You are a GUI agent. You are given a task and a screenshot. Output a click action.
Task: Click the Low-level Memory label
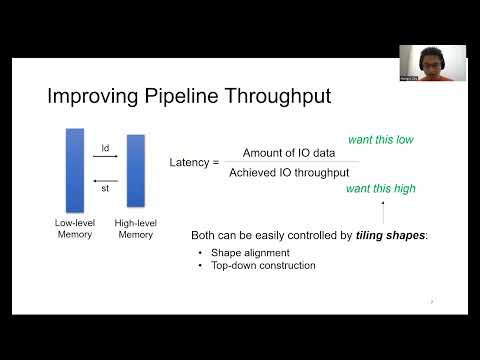click(x=74, y=228)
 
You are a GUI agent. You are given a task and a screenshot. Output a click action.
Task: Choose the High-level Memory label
click(x=136, y=228)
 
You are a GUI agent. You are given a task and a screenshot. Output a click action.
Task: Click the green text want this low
click(x=380, y=139)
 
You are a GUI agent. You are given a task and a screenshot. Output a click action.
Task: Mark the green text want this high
click(x=380, y=188)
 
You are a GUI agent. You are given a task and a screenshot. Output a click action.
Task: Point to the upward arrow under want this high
click(x=383, y=211)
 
